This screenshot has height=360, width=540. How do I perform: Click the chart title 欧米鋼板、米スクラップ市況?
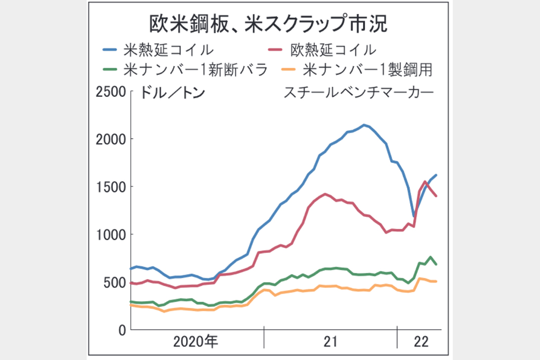pos(269,23)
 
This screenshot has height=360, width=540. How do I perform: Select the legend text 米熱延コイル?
pos(168,50)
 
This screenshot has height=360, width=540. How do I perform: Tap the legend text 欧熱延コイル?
pos(333,50)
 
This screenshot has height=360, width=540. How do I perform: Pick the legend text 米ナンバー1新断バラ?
pos(195,69)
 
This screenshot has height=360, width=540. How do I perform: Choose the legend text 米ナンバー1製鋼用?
pos(368,69)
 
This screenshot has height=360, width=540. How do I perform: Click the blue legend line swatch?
pos(110,50)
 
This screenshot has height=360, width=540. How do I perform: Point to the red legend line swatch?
pos(275,50)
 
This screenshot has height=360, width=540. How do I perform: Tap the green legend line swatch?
pos(110,69)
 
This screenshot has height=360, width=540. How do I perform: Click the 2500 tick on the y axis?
pos(111,92)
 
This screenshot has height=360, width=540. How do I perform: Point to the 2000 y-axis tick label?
pos(111,139)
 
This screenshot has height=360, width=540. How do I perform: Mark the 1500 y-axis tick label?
pos(111,187)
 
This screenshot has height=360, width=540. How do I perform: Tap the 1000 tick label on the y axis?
pos(111,234)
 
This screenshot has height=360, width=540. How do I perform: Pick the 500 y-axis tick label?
pos(115,282)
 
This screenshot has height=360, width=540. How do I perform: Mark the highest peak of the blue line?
pos(364,125)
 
